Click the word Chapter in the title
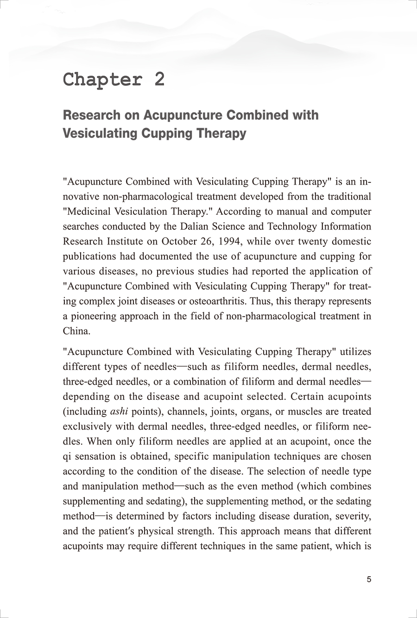pos(102,80)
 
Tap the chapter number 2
pos(159,79)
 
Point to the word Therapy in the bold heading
pos(224,133)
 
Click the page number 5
pos(369,579)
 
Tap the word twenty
pos(310,241)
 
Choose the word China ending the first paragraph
pos(75,331)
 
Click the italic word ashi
pos(119,412)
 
